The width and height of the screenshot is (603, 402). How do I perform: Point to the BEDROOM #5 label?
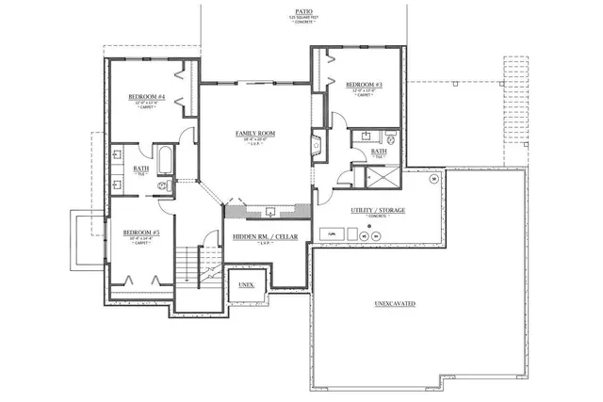coord(141,232)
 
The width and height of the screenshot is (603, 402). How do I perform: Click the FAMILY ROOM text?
coord(254,134)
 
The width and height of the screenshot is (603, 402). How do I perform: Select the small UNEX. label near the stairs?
coord(247,283)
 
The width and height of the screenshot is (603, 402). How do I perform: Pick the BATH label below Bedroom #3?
coord(379,151)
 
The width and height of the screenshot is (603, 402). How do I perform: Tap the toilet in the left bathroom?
coord(164,187)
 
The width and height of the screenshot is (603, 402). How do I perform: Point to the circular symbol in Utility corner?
coord(434,178)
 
